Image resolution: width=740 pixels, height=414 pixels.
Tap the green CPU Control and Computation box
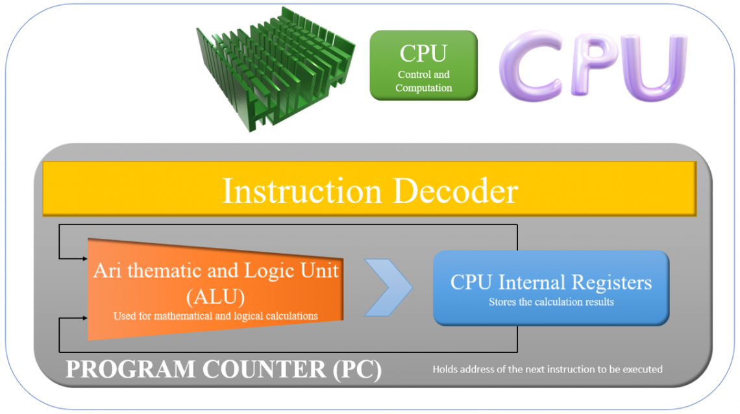point(423,66)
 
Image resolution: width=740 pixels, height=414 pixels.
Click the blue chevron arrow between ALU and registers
point(388,287)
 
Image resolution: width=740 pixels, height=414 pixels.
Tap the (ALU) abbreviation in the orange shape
point(216,297)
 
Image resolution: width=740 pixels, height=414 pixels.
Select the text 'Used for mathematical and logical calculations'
point(216,316)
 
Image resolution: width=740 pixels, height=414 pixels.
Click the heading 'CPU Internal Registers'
point(550,283)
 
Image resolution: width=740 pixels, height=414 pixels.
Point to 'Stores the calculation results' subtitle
point(550,302)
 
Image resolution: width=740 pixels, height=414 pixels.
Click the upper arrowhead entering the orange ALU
point(84,258)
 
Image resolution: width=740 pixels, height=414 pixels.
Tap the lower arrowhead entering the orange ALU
point(84,318)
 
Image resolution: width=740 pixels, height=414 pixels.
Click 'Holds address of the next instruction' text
point(547,369)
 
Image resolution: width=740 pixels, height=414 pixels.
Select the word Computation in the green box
point(423,88)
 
